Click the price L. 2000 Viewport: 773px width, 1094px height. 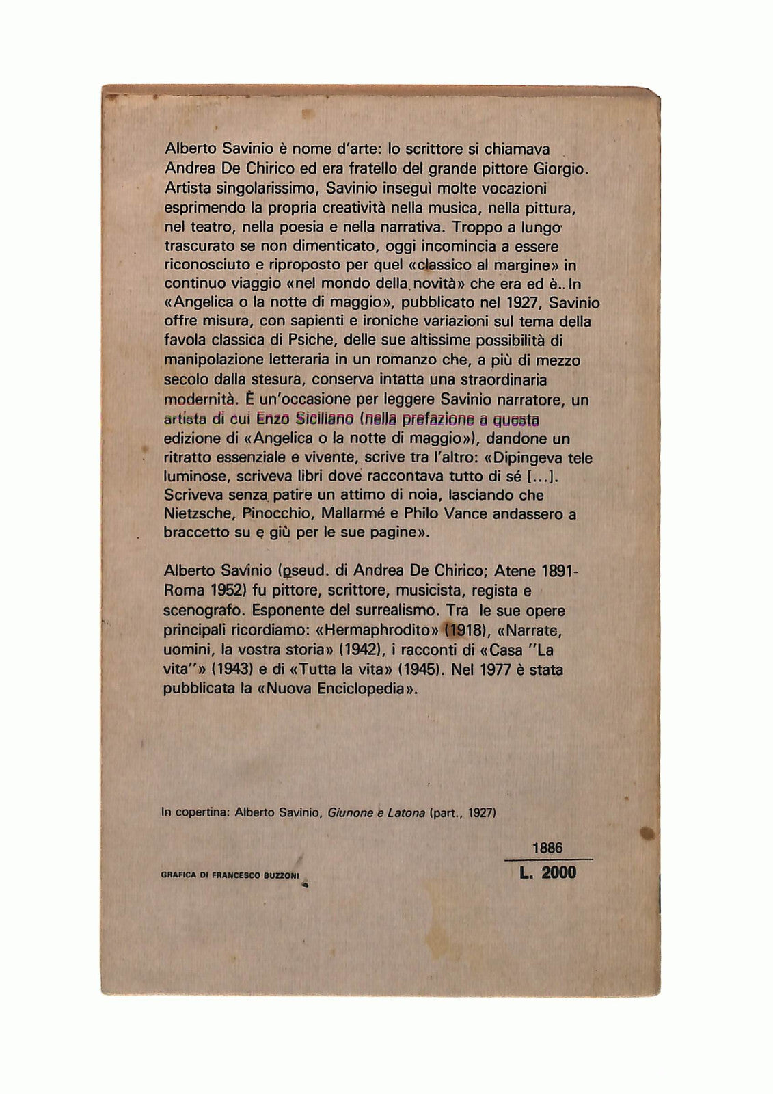[548, 872]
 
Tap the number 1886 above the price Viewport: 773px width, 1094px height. [547, 848]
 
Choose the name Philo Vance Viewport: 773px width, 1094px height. [438, 513]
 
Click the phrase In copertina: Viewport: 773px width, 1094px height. [195, 812]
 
